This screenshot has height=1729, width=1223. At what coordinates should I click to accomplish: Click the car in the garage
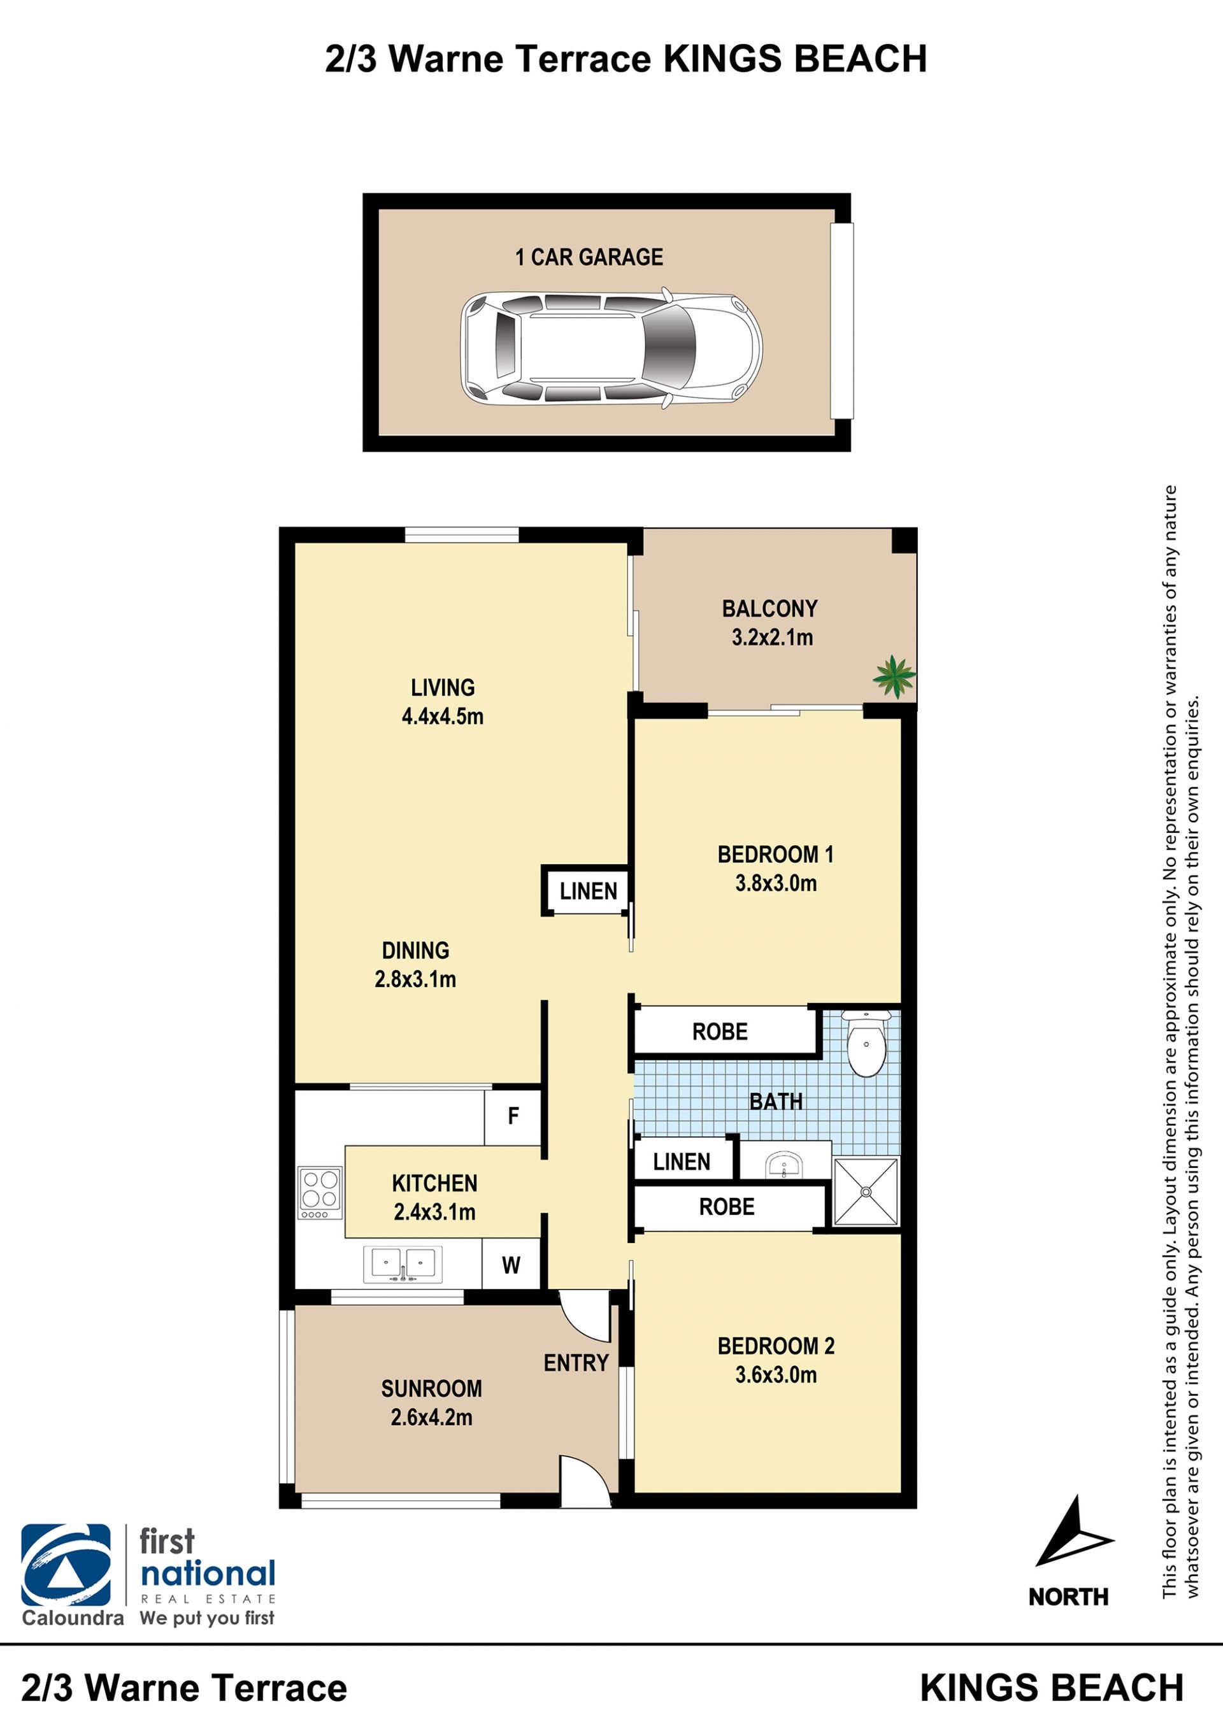click(611, 348)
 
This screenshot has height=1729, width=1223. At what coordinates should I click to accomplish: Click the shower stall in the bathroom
click(866, 1192)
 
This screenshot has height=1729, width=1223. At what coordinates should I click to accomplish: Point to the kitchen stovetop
click(320, 1193)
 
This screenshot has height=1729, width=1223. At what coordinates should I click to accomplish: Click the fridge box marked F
click(513, 1116)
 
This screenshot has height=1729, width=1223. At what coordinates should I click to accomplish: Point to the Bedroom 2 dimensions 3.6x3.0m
click(776, 1374)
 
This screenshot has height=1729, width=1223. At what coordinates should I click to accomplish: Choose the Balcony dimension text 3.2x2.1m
click(772, 638)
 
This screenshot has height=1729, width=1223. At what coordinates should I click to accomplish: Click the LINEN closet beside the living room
click(588, 891)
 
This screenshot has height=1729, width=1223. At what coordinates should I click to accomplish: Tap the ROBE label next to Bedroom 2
click(726, 1207)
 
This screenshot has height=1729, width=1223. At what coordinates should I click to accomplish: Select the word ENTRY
click(576, 1362)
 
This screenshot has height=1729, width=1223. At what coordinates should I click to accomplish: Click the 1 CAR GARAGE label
click(589, 257)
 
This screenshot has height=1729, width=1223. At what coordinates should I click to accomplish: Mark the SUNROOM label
click(431, 1389)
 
